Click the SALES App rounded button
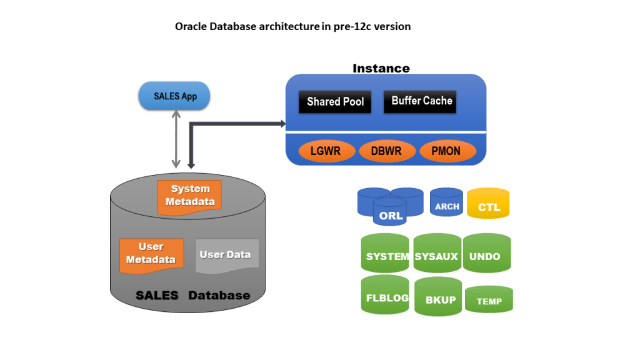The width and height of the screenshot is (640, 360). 174,96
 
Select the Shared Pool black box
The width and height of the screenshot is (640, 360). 335,101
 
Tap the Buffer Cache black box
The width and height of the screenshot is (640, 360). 421,101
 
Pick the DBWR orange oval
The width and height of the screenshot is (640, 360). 387,151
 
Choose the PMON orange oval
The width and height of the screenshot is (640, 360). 447,151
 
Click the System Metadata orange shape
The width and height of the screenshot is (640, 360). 189,196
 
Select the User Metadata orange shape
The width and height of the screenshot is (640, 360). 151,254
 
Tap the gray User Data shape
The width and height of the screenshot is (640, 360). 226,255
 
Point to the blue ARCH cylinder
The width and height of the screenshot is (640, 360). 447,204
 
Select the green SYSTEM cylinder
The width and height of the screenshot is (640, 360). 386,256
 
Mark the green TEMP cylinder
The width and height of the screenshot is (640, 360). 489,301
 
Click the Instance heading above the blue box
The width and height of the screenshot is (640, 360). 381,68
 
